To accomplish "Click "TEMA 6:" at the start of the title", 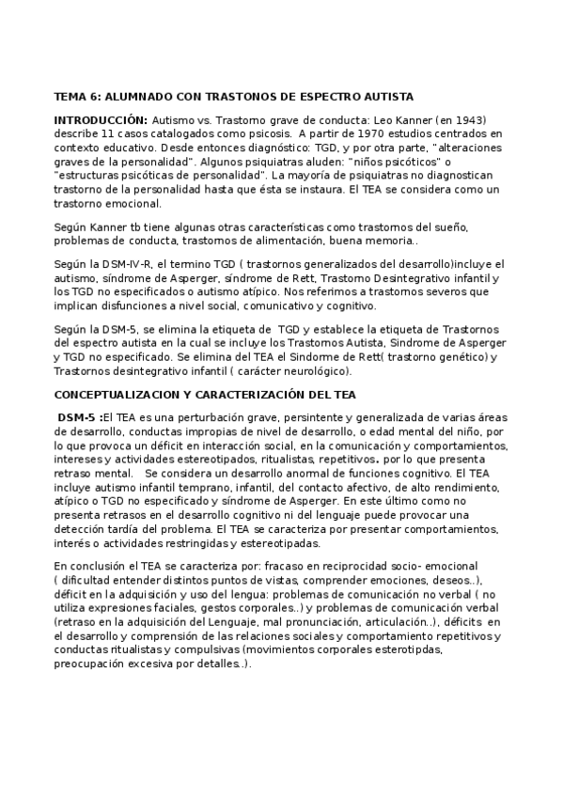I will click(x=77, y=97).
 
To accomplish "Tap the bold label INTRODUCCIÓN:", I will click(x=101, y=121).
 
